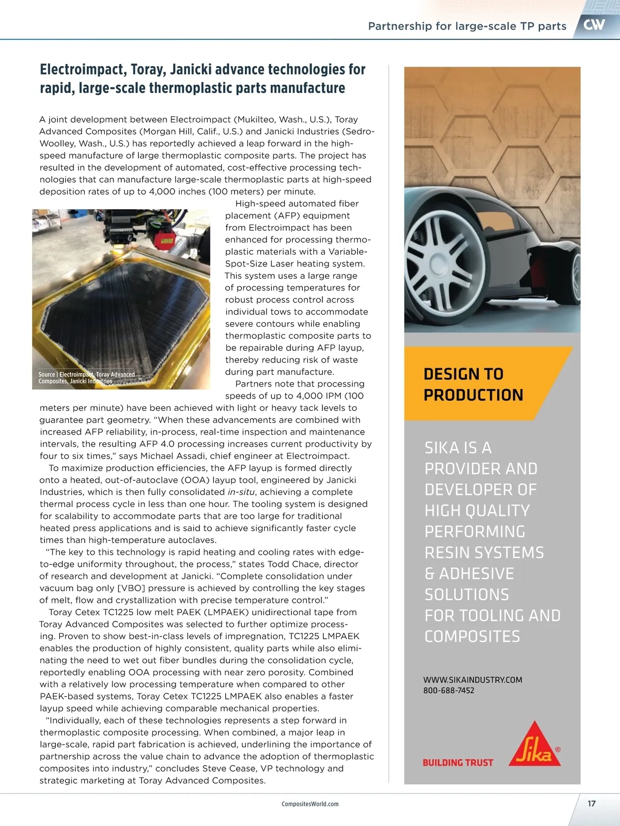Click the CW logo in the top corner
click(x=594, y=25)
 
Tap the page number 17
click(x=592, y=803)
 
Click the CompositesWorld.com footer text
click(x=310, y=804)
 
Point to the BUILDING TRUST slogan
click(x=458, y=763)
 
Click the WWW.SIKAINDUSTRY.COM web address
click(x=472, y=680)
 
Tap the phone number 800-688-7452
click(x=448, y=691)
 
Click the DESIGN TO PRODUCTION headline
click(x=473, y=384)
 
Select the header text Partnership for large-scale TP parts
click(x=467, y=26)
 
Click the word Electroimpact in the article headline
click(x=83, y=70)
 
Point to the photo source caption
click(x=86, y=378)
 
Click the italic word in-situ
click(x=238, y=492)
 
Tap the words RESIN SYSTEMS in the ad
click(x=484, y=553)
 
